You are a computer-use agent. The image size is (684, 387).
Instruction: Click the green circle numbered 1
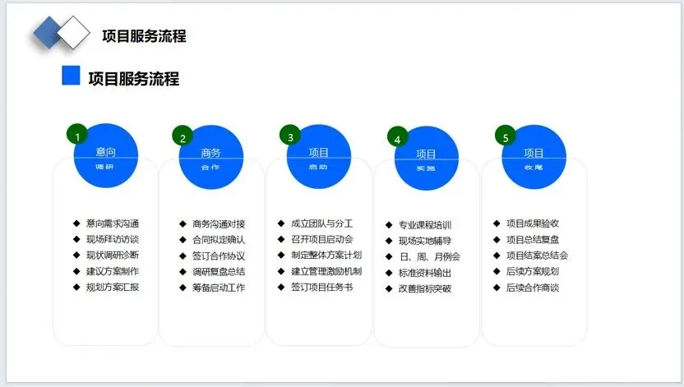[x=77, y=136]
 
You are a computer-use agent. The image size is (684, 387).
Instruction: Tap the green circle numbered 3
[x=290, y=136]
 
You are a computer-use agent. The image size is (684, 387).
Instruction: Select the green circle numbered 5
[x=505, y=137]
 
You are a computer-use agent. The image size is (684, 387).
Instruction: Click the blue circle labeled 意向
[x=105, y=156]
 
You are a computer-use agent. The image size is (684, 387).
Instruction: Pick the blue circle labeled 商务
[x=210, y=156]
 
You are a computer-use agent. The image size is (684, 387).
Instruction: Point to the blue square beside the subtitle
[x=72, y=76]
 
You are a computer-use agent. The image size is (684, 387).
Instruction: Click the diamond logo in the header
[x=61, y=32]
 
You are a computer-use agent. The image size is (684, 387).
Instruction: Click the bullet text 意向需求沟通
[x=113, y=223]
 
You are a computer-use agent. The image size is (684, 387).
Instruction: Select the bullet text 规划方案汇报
[x=113, y=288]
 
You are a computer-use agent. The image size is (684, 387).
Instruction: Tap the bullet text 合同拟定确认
[x=219, y=240]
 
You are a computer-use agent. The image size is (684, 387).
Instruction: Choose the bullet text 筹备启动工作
[x=219, y=288]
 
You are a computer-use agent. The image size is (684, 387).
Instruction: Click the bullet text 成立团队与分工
[x=321, y=223]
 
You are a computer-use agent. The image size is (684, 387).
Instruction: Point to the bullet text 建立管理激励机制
[x=326, y=271]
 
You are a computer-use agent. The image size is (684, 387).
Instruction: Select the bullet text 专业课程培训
[x=425, y=225]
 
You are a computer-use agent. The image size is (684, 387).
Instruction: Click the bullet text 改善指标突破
[x=425, y=288]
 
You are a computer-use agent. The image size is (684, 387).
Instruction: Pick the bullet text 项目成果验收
[x=533, y=223]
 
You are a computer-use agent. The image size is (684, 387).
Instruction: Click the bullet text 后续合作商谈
[x=533, y=288]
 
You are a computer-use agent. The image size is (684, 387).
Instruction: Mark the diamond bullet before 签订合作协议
[x=183, y=256]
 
